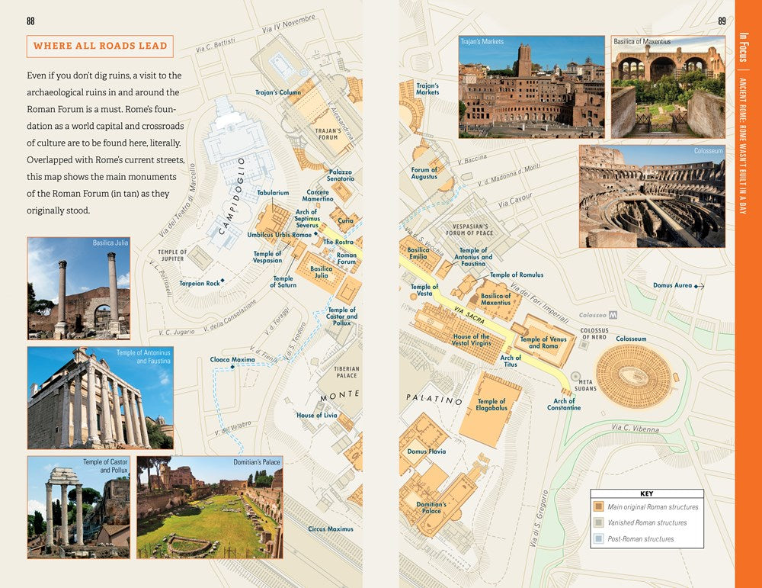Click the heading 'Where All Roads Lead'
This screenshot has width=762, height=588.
[100, 46]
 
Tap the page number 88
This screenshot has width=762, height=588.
[30, 21]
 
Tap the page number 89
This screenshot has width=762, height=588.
[722, 21]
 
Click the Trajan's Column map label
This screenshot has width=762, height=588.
[277, 93]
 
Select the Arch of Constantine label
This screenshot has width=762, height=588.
[564, 404]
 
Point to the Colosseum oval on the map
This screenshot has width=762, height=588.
[632, 375]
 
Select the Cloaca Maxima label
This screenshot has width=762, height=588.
[232, 359]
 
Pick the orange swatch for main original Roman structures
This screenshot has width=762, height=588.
[598, 506]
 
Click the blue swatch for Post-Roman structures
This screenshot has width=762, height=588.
[598, 538]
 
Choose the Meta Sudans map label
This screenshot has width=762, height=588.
[585, 385]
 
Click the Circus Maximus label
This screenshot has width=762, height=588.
[331, 529]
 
